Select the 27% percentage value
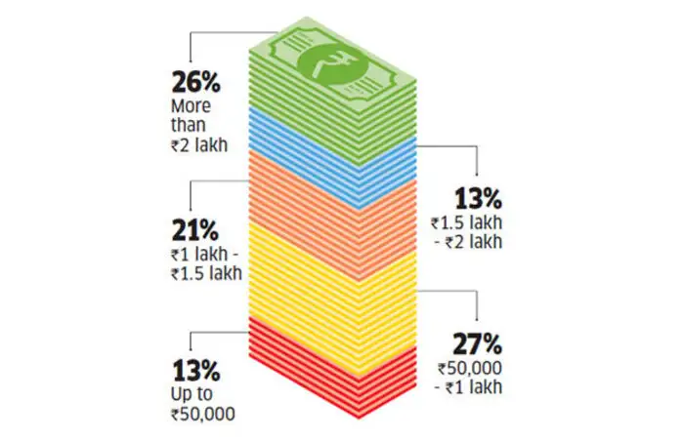pos(477,344)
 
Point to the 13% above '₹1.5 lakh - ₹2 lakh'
pos(477,200)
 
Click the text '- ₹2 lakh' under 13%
pos(471,241)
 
